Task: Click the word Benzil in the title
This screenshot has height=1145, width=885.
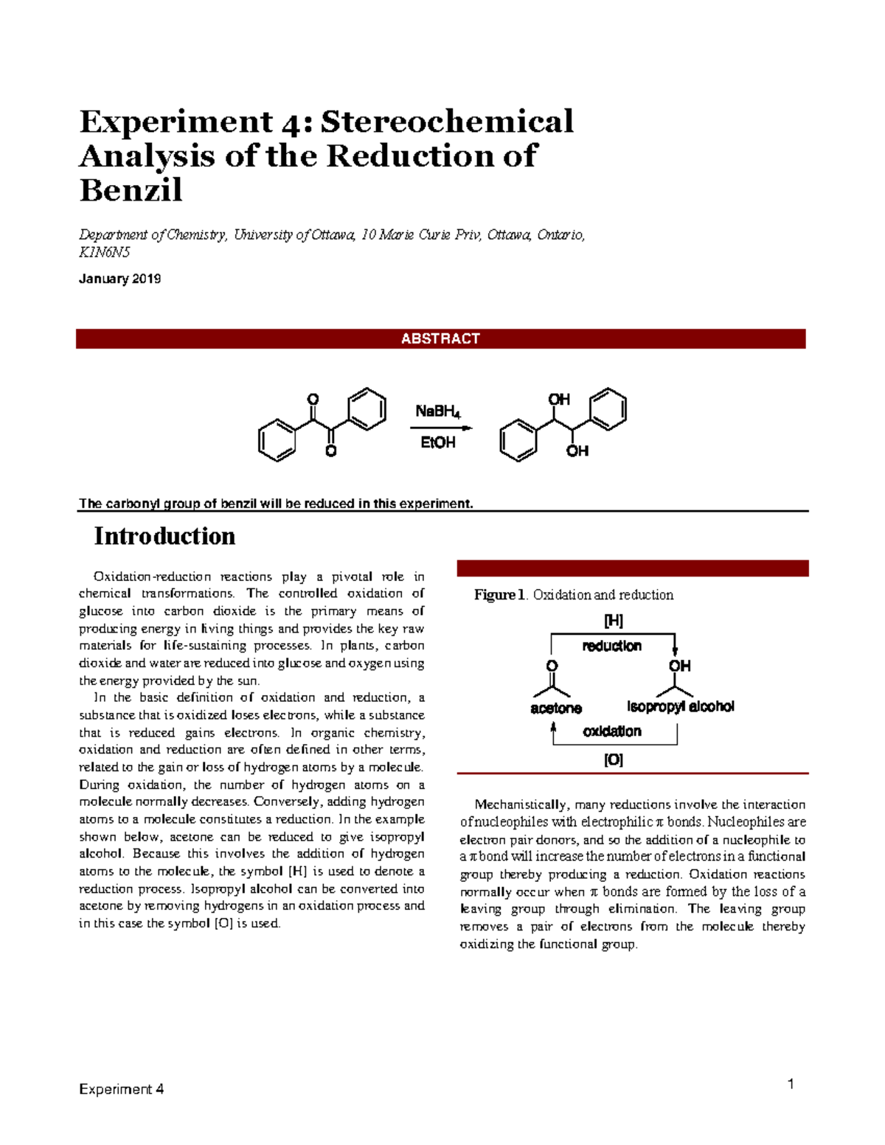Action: click(x=131, y=190)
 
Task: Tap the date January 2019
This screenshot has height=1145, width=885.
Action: click(x=119, y=279)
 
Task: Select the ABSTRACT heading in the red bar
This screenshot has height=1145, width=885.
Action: click(x=440, y=338)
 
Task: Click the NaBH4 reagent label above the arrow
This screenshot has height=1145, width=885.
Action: click(x=437, y=411)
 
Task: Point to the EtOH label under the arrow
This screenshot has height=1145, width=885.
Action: click(x=437, y=442)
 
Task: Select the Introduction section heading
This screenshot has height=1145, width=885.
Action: click(x=164, y=536)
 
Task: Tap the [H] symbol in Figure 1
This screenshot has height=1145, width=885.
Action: click(x=614, y=621)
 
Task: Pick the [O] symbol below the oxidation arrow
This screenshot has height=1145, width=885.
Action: click(x=614, y=759)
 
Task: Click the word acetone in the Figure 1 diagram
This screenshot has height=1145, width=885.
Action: click(x=556, y=709)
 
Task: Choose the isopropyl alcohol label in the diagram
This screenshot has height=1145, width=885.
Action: click(x=680, y=706)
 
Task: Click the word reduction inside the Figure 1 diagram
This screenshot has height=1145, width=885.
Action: click(x=611, y=646)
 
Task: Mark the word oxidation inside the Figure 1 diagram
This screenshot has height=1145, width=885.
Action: click(x=612, y=731)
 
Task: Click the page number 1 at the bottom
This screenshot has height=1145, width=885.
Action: click(x=791, y=1084)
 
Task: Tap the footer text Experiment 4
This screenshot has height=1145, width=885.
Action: click(x=121, y=1089)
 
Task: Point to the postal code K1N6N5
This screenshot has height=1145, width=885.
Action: click(x=104, y=252)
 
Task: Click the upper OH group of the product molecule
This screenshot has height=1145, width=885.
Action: click(x=559, y=399)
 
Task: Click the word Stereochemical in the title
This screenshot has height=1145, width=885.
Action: click(x=447, y=122)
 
